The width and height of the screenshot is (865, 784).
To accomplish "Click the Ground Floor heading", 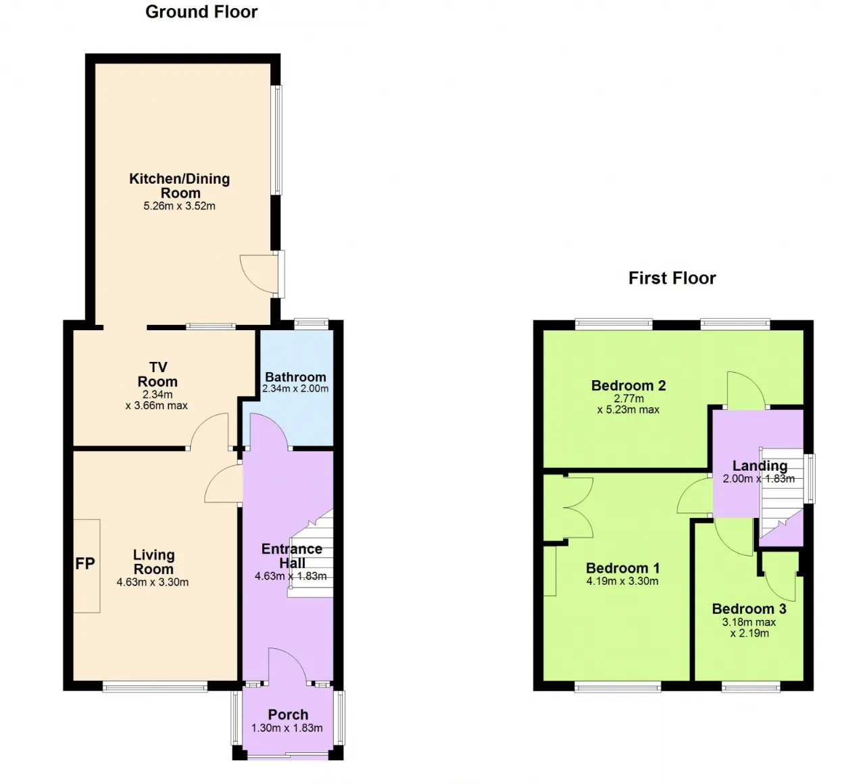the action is (x=201, y=12).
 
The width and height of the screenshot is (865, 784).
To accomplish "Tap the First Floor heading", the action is (x=672, y=278).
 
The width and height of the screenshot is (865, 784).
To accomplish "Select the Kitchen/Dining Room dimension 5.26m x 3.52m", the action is (x=179, y=206).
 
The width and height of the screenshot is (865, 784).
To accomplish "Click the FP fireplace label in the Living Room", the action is (x=85, y=563).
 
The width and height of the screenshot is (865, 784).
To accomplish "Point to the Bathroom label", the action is (x=295, y=377).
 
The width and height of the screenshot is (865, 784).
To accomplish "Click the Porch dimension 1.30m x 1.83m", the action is (x=287, y=728).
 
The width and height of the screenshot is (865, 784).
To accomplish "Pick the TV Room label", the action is (x=158, y=375).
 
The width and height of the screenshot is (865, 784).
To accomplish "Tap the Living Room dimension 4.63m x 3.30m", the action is (x=153, y=582).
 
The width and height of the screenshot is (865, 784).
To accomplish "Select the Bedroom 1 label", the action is (x=623, y=568).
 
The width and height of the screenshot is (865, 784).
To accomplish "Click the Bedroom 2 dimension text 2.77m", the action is (x=628, y=398).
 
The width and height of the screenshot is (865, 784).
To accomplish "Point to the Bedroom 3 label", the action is (x=749, y=609).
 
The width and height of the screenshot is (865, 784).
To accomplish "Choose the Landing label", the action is (x=760, y=465).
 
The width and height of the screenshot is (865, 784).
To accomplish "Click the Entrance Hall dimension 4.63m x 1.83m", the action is (x=291, y=576).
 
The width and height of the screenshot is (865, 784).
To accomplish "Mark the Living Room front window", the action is (x=155, y=686).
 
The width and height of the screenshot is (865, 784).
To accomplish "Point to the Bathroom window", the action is (x=311, y=324).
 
